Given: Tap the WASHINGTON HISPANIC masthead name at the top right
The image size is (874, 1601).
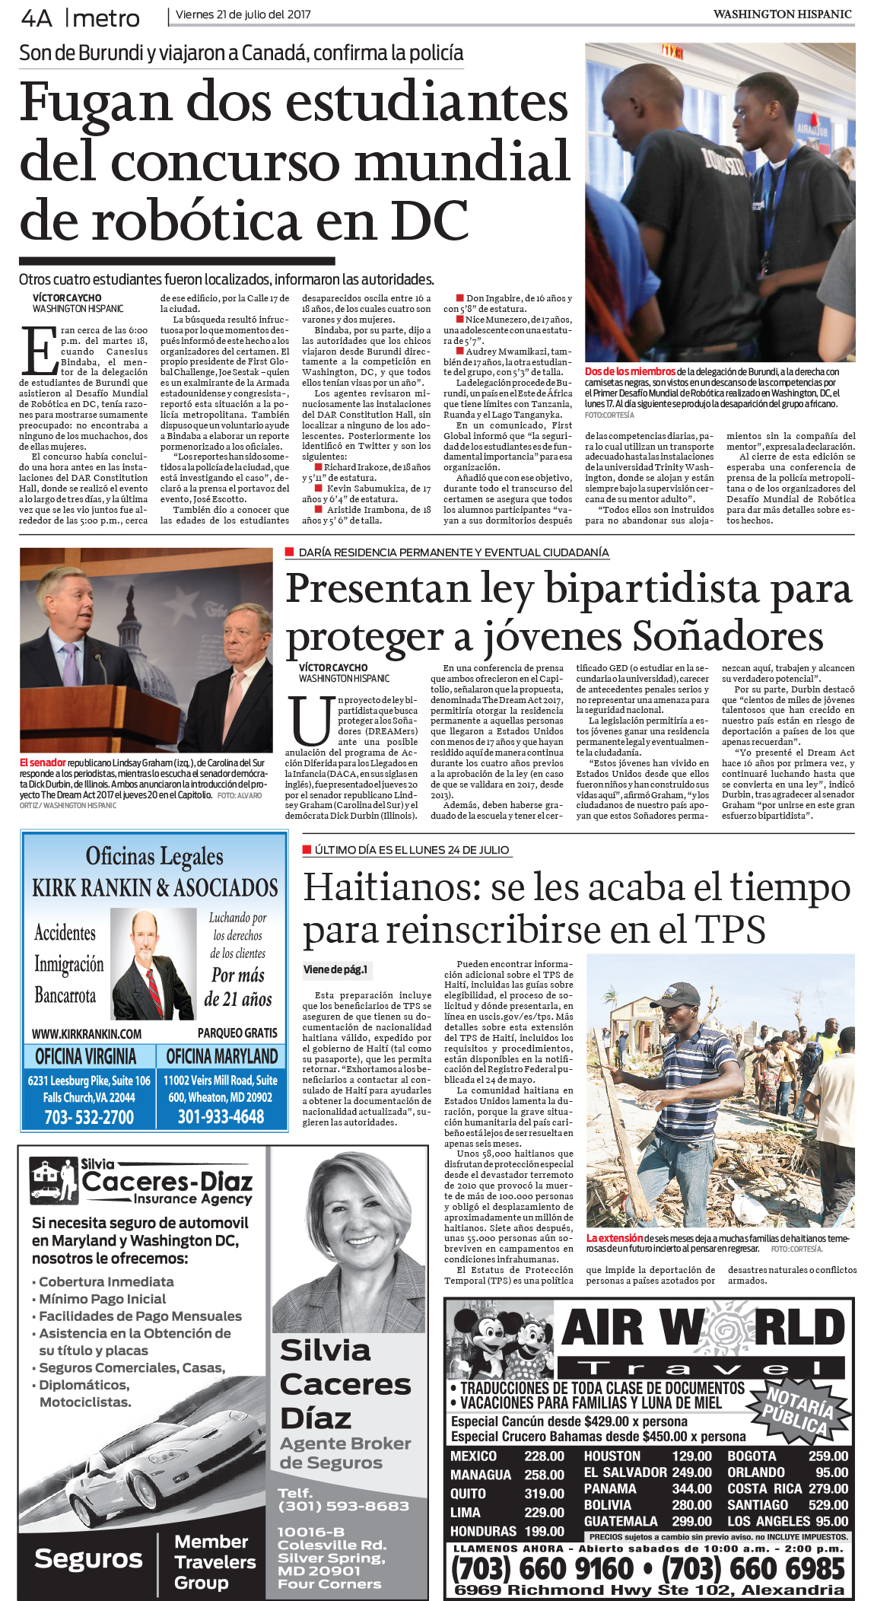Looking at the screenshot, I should [x=782, y=14].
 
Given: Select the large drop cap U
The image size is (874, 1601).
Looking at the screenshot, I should [x=310, y=721].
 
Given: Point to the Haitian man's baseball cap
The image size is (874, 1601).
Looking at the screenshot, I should [x=679, y=994].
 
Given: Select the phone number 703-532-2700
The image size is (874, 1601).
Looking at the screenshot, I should [x=89, y=1117].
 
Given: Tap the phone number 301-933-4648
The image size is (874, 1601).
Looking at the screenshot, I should [x=221, y=1117].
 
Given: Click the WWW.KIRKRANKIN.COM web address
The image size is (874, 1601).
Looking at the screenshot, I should [x=87, y=1034].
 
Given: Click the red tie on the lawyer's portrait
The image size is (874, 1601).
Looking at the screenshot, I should [x=154, y=988].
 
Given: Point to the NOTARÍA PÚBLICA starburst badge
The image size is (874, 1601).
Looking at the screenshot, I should [x=799, y=1409].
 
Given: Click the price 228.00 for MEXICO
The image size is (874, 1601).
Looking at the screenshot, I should [x=544, y=1456].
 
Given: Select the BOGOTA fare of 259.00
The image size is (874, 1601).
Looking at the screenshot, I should [x=828, y=1456].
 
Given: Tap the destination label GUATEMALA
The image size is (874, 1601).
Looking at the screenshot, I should [x=621, y=1521].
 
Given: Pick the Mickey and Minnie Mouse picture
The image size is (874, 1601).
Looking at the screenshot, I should [x=501, y=1338].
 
